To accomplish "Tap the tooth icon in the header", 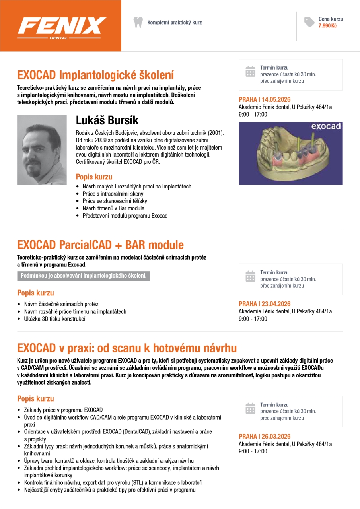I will tap(138, 22).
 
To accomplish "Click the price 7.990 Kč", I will tap(327, 26).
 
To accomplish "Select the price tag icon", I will tap(309, 22).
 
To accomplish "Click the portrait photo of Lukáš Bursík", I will tap(42, 150).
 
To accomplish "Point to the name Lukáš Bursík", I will tap(107, 120).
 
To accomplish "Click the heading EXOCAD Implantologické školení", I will tap(95, 75).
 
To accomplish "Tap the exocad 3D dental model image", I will tap(290, 153).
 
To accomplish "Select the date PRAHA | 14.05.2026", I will tap(264, 100).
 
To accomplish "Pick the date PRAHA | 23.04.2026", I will tap(265, 304).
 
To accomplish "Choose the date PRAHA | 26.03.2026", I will tap(265, 436).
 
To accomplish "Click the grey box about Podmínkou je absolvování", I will tap(84, 276).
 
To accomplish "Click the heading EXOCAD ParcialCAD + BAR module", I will tap(100, 244).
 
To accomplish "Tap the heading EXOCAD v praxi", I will tap(127, 348).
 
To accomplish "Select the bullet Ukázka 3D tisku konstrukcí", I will tap(54, 319).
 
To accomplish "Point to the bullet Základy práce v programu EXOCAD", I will tap(63, 410).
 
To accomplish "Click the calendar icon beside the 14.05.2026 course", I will tap(250, 71).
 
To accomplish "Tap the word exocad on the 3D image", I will tap(326, 126).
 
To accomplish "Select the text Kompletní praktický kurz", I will tap(174, 23).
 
